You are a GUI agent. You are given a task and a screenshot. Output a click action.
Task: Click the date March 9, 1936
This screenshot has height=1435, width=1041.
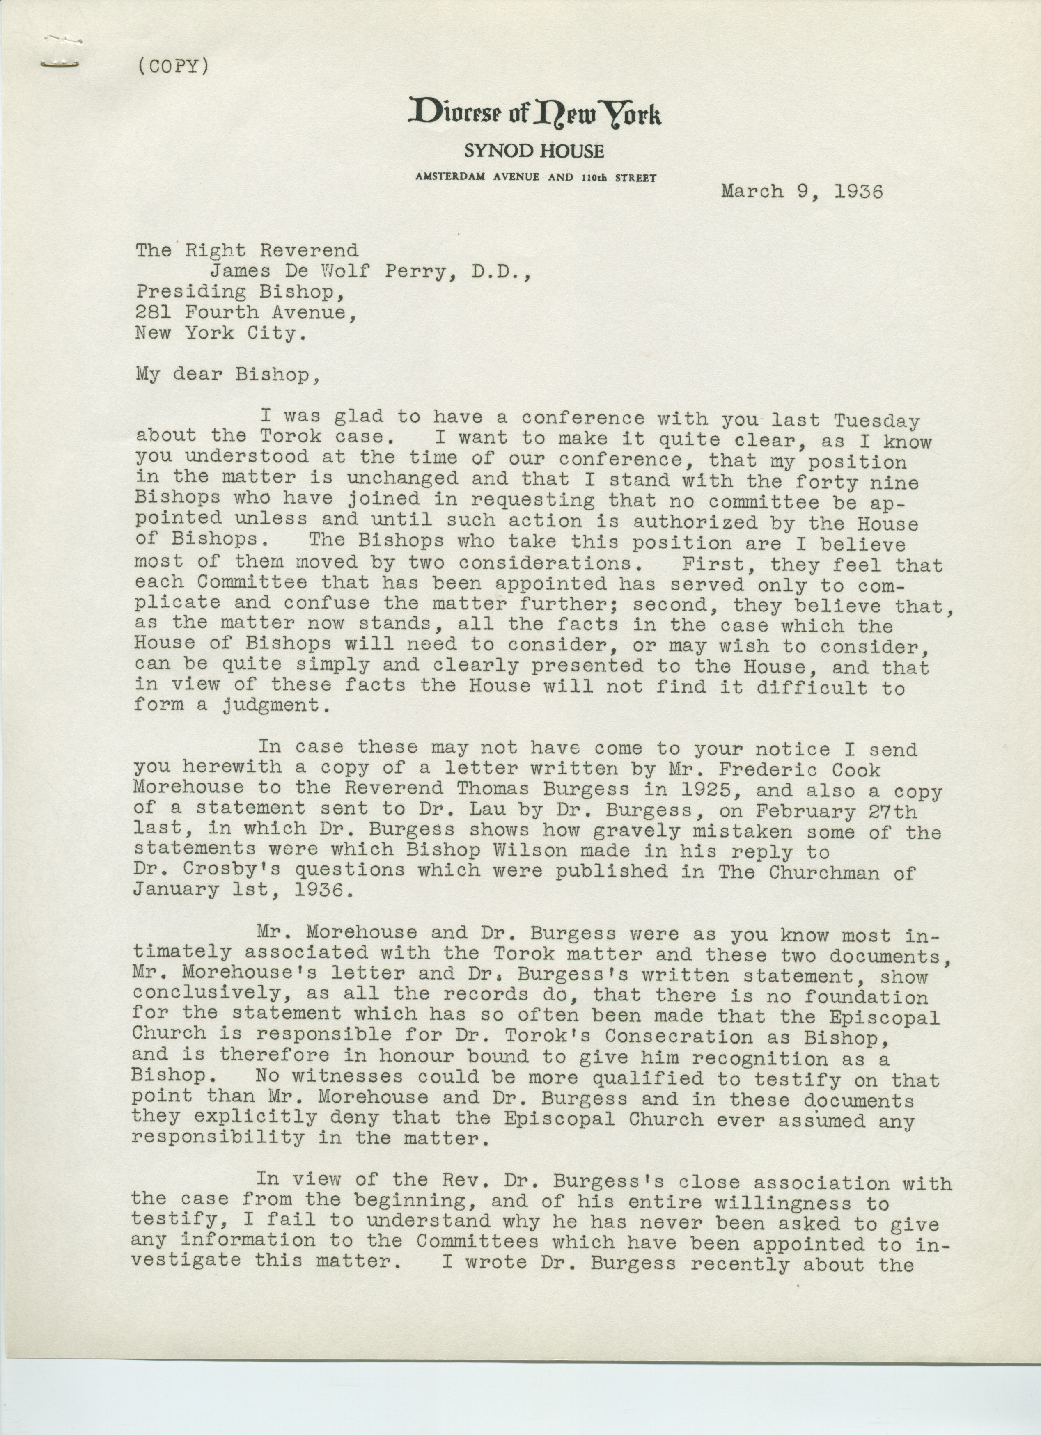[x=801, y=191]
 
